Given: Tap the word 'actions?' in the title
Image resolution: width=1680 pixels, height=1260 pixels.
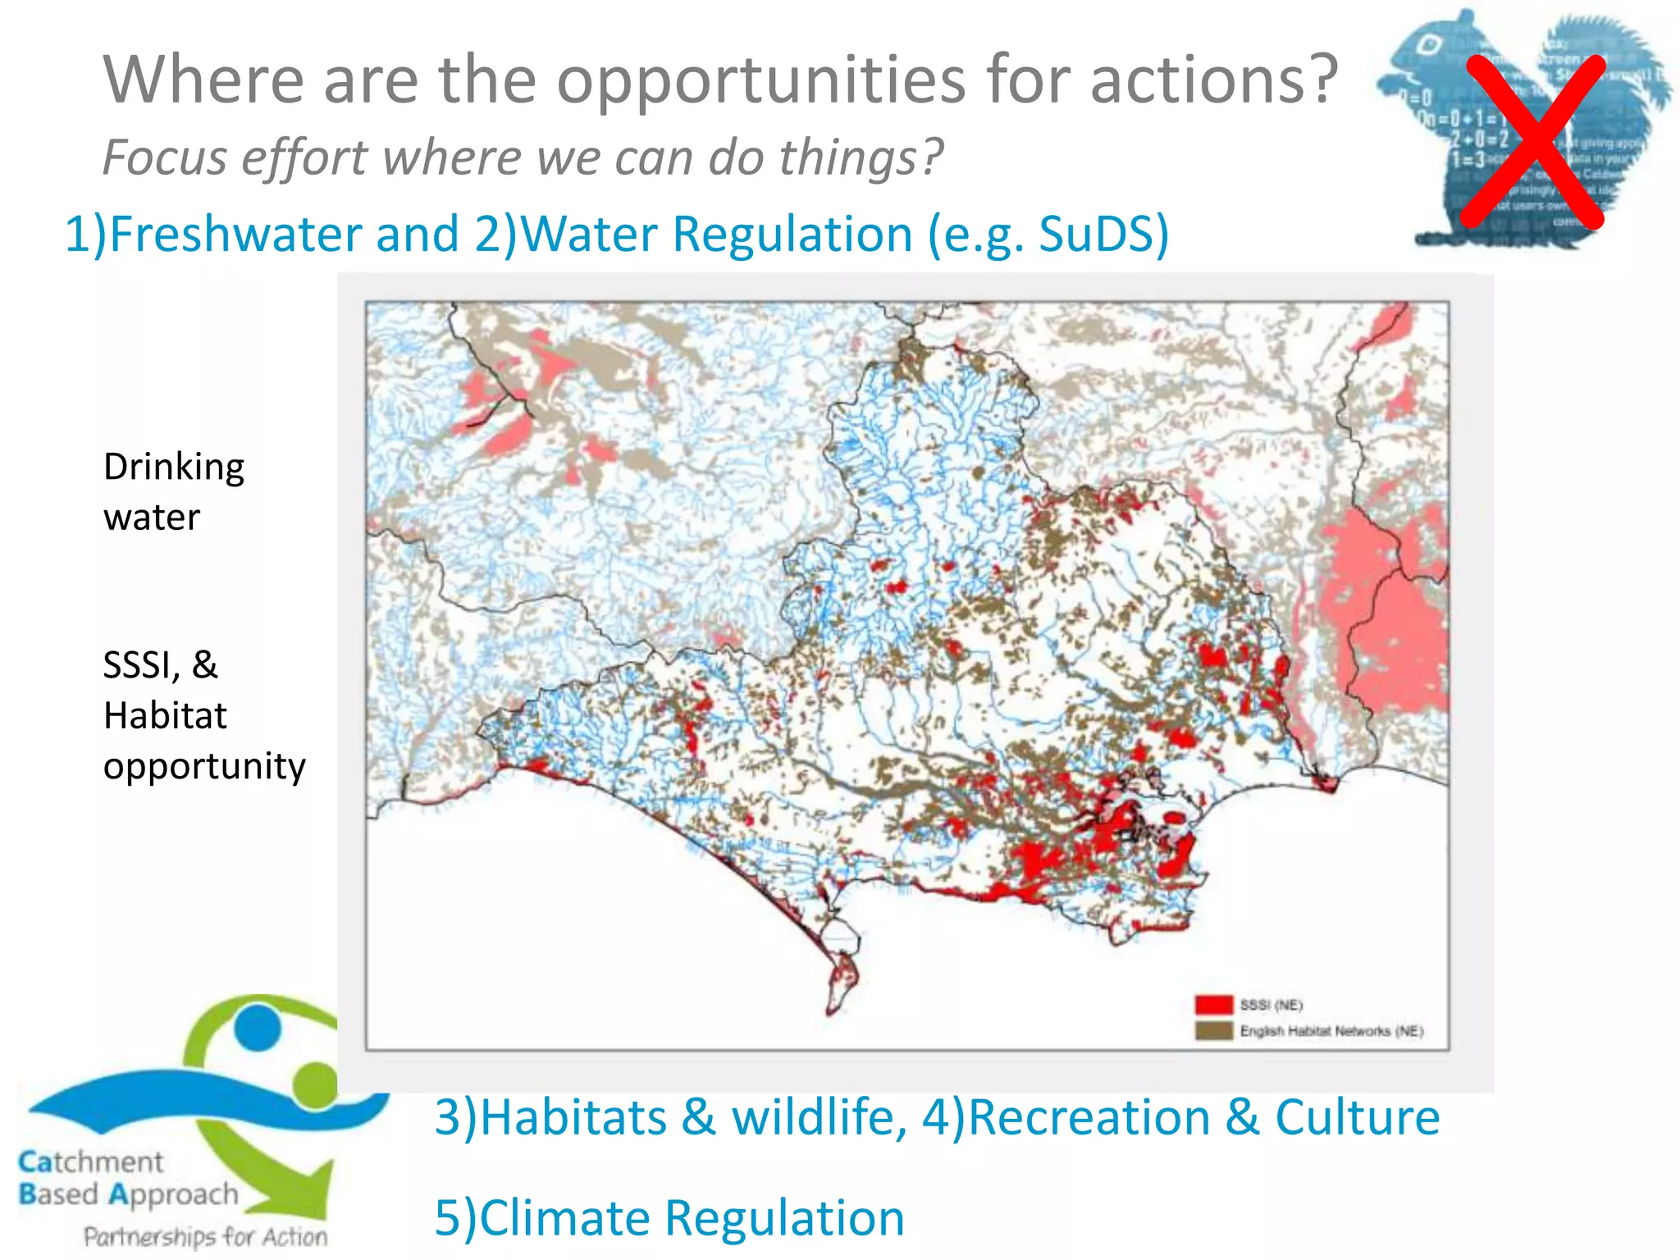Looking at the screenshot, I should pyautogui.click(x=1214, y=80).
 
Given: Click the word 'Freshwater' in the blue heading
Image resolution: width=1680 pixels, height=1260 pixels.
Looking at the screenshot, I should pyautogui.click(x=235, y=234).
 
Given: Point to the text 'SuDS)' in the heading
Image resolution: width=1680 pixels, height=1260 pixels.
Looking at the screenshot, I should pyautogui.click(x=1103, y=234).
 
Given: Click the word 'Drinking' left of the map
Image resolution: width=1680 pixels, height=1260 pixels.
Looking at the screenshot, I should pyautogui.click(x=174, y=468).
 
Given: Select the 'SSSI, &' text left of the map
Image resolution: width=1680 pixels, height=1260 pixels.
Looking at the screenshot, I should pyautogui.click(x=160, y=664).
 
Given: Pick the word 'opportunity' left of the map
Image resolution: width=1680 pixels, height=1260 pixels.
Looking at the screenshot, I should pyautogui.click(x=204, y=766).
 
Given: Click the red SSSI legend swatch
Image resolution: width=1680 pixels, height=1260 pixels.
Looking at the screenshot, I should pyautogui.click(x=1213, y=1005).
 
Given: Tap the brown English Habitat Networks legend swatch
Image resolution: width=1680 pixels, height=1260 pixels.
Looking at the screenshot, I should pyautogui.click(x=1213, y=1030).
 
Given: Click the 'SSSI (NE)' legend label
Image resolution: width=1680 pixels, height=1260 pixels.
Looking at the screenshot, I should pyautogui.click(x=1271, y=1005).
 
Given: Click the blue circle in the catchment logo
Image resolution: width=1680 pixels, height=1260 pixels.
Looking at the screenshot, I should pyautogui.click(x=257, y=1026).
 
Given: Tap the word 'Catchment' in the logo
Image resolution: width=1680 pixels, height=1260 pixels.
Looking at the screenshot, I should pyautogui.click(x=91, y=1162).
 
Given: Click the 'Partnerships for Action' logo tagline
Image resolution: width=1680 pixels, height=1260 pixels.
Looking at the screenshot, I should pyautogui.click(x=205, y=1236).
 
